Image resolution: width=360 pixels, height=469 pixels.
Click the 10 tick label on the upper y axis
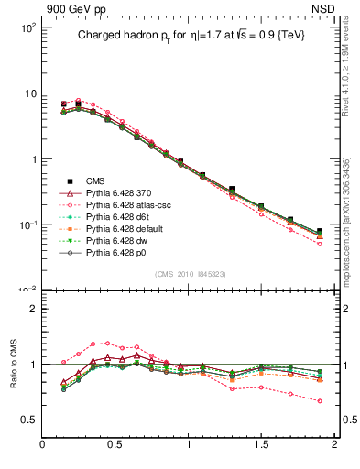29,93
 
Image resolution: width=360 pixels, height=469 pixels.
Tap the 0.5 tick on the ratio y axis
27,420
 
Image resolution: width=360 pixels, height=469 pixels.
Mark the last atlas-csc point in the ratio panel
320,400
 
